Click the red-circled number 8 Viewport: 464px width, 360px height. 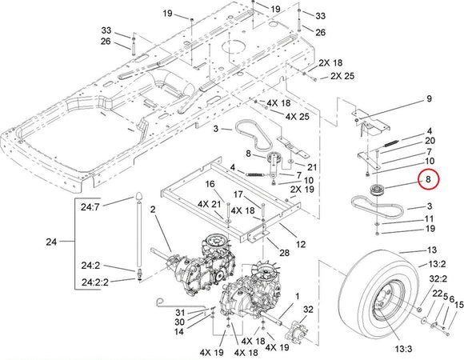[x=429, y=179]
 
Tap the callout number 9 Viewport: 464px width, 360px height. [x=429, y=98]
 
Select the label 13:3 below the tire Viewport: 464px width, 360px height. [x=403, y=349]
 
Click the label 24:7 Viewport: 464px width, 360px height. [x=90, y=207]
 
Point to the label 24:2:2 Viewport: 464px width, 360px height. [x=95, y=282]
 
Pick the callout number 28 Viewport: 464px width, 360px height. [x=285, y=253]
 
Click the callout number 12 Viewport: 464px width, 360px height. [x=300, y=244]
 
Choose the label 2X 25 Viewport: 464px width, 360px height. [x=342, y=76]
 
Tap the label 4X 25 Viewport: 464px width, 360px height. [x=297, y=116]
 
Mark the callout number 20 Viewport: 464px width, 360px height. [x=430, y=141]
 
